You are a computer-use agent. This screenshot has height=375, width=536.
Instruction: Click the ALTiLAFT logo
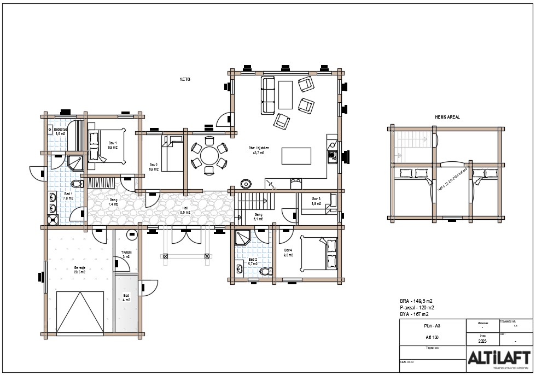pos(498,358)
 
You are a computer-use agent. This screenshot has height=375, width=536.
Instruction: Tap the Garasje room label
pos(79,269)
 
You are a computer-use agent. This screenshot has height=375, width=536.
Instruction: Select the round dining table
pos(209,156)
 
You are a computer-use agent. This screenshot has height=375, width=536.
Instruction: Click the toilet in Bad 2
pos(265,271)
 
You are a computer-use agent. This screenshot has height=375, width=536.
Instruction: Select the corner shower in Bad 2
pos(242,238)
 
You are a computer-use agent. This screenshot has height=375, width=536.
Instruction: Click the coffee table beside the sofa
pos(286,95)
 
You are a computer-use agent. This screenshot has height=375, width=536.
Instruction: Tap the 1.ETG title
pos(185,80)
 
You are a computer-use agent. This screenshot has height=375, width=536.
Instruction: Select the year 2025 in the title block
pos(482,341)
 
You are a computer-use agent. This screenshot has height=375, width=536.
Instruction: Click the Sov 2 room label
pos(154,167)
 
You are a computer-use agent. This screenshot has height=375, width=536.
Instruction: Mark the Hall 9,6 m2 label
pos(185,210)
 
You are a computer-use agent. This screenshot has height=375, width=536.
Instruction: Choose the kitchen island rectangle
pos(296,156)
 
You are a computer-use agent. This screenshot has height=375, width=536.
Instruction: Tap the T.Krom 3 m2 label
pos(126,254)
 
